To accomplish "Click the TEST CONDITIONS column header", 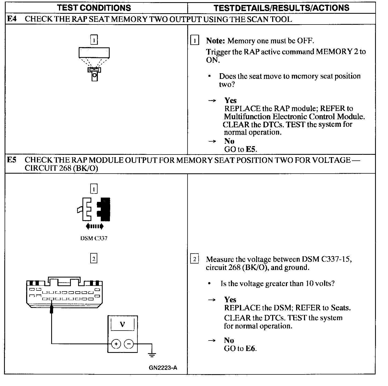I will (94, 8).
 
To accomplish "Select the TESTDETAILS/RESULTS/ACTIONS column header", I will (281, 8).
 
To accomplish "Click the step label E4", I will (11, 19).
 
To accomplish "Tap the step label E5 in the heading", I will (11, 160).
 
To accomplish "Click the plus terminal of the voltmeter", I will (116, 344).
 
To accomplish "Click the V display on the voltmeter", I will (122, 324).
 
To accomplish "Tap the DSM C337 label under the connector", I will (94, 238).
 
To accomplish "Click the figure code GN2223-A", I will (163, 368).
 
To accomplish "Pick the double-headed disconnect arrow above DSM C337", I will (94, 226).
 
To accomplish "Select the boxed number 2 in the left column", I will (94, 259).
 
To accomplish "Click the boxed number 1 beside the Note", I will (195, 41).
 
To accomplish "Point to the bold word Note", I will (215, 41).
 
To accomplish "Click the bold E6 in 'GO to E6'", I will (250, 349).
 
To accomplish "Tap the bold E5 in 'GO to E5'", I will (252, 149).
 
